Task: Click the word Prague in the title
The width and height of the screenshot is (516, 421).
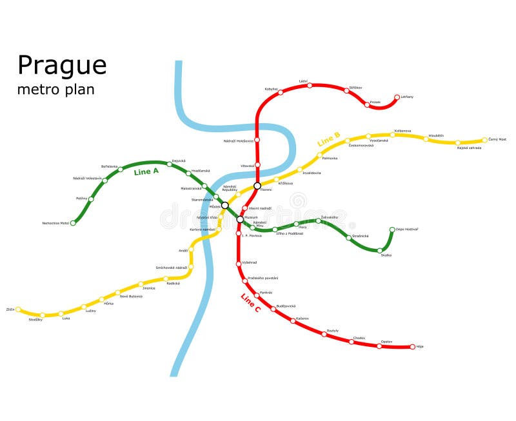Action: (x=62, y=66)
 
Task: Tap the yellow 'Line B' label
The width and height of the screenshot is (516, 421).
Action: (x=329, y=139)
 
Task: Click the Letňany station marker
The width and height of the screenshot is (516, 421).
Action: (x=397, y=98)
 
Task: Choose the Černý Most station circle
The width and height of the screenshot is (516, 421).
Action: (x=485, y=140)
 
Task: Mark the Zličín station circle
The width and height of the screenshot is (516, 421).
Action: (x=18, y=309)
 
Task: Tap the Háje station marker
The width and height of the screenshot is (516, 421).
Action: (x=413, y=347)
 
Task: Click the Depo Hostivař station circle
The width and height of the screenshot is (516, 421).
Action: (x=392, y=229)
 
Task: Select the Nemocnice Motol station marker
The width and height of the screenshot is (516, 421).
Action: (x=73, y=223)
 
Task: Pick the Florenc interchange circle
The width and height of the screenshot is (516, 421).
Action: (x=257, y=186)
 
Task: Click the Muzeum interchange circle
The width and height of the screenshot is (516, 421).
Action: (x=240, y=219)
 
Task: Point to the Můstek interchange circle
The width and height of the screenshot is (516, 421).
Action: (x=225, y=205)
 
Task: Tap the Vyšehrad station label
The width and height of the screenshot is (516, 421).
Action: (x=250, y=262)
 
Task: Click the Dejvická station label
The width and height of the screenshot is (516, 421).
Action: (x=179, y=161)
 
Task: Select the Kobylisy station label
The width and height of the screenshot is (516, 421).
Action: (x=271, y=88)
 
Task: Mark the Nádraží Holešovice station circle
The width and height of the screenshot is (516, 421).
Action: (x=257, y=139)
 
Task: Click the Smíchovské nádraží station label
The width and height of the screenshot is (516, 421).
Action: (x=172, y=267)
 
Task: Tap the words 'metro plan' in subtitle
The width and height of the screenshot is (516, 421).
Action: (x=55, y=90)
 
